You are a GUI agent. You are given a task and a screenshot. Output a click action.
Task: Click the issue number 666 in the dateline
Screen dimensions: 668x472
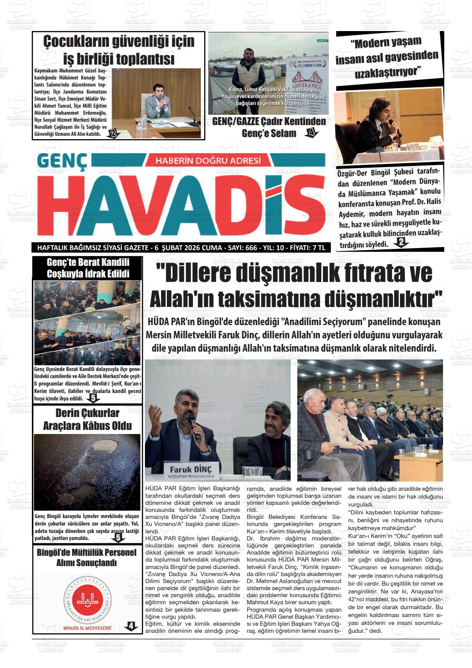[251, 248]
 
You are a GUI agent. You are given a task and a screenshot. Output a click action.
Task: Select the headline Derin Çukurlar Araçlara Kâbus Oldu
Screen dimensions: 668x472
[87, 419]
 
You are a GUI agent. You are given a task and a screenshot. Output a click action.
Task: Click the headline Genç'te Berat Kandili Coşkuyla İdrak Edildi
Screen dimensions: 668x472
[88, 268]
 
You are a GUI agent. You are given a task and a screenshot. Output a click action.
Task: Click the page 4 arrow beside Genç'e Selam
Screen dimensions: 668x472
[311, 133]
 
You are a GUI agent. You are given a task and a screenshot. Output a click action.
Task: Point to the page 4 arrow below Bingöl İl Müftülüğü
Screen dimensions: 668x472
[131, 627]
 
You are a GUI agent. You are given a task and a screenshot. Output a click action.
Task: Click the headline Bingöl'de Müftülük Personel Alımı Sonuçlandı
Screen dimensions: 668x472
[87, 557]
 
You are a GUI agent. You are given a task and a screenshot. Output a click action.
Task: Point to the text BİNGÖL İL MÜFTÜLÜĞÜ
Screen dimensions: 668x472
[87, 628]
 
